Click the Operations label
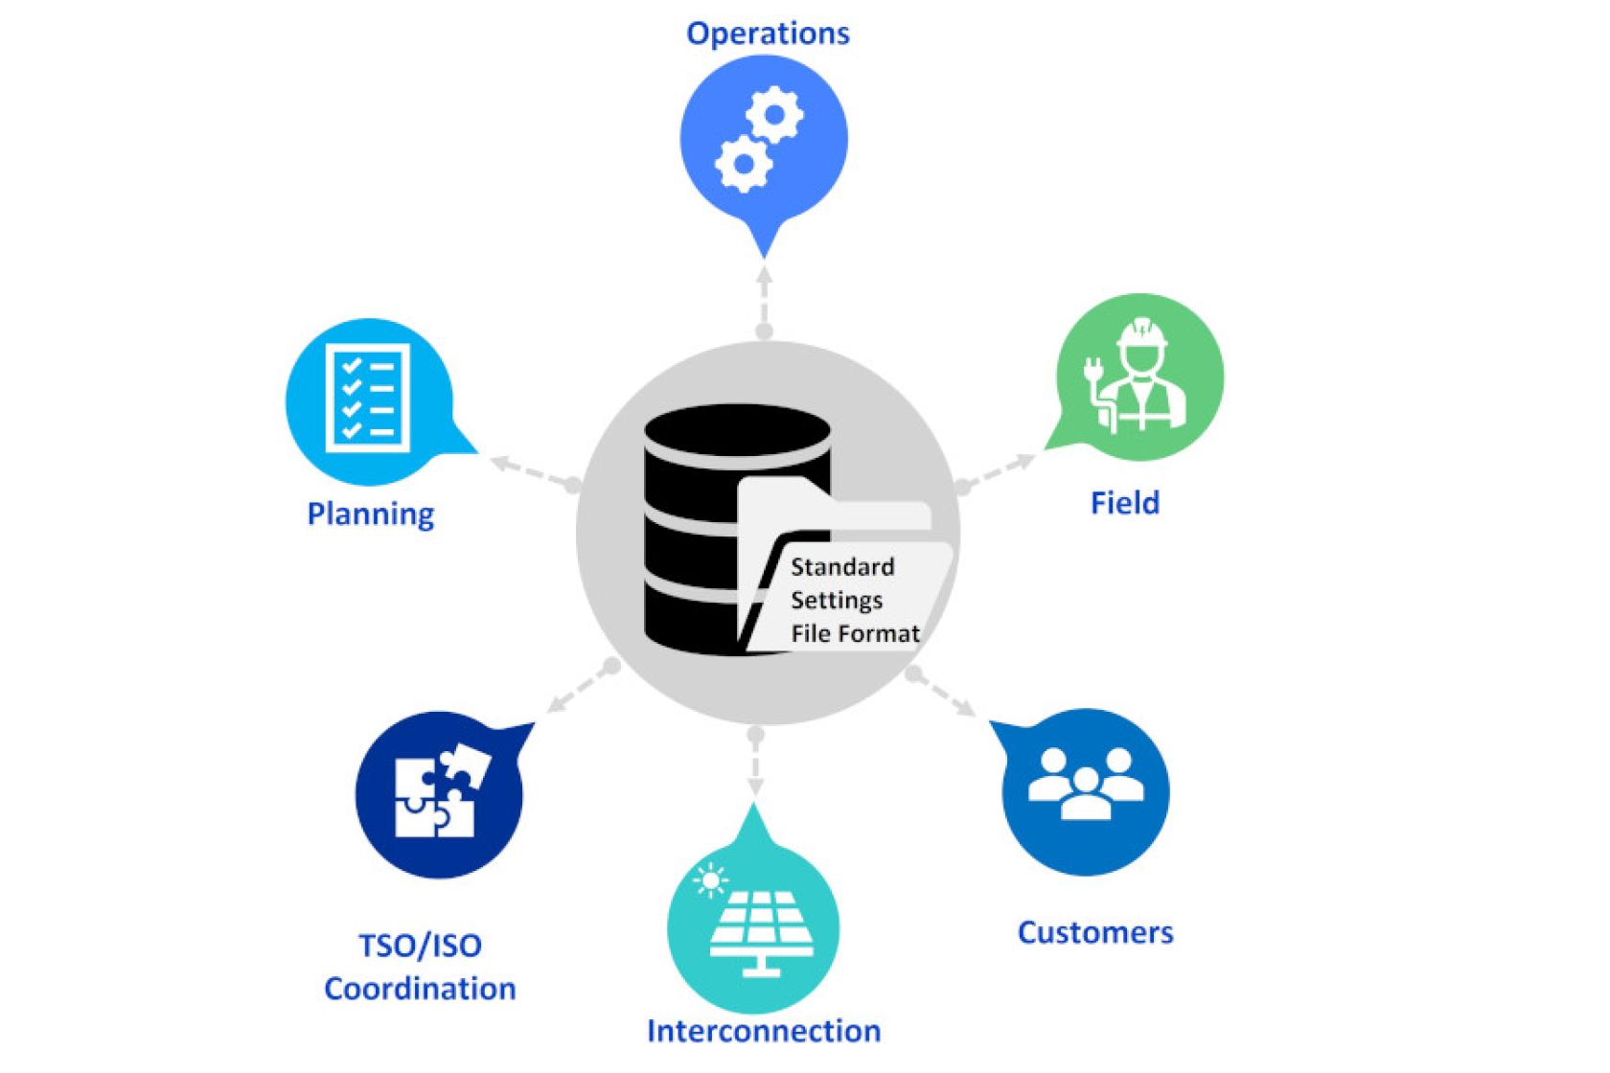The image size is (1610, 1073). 768,34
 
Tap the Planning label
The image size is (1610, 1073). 370,514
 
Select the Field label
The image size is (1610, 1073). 1124,503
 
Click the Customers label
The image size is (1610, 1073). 1094,932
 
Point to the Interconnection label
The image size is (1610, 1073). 764,1031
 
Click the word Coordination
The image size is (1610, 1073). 420,988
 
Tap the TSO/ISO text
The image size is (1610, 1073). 420,946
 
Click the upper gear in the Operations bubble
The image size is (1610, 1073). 774,115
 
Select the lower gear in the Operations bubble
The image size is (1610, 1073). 743,163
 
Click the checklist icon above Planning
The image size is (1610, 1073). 368,397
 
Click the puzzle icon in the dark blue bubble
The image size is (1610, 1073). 440,790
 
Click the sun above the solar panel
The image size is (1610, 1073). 710,879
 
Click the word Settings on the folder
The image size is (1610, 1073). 836,601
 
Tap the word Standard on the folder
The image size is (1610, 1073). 841,567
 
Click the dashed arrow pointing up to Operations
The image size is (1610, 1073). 764,297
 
